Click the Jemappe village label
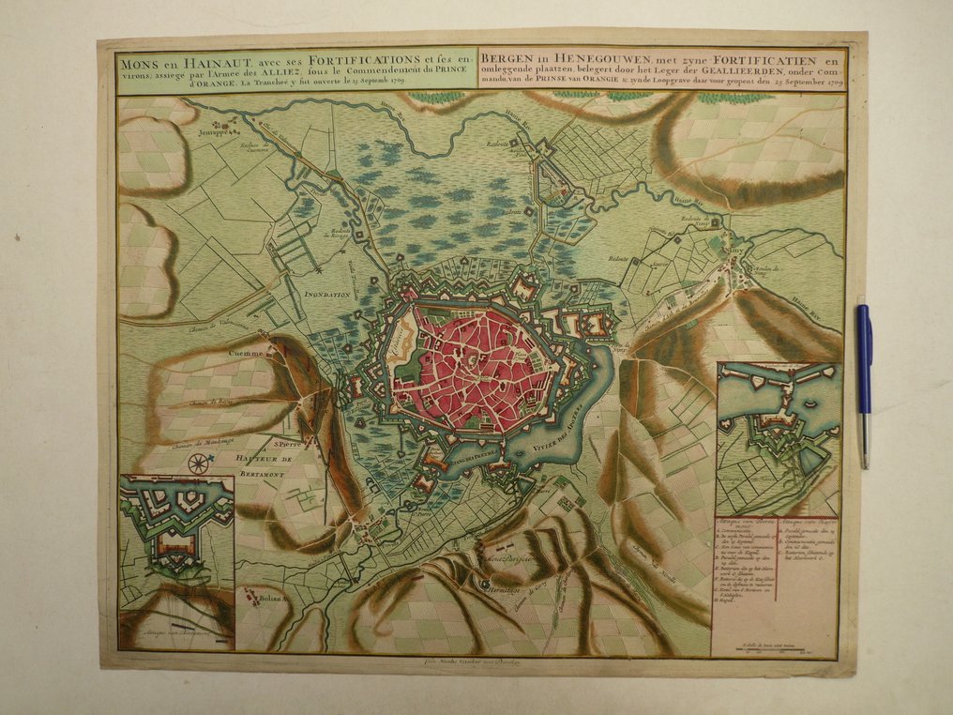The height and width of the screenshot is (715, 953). pos(214,133)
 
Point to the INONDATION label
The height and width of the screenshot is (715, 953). pos(326,294)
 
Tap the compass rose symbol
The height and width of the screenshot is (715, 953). pos(198,463)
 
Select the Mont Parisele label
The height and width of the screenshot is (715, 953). pos(506,559)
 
